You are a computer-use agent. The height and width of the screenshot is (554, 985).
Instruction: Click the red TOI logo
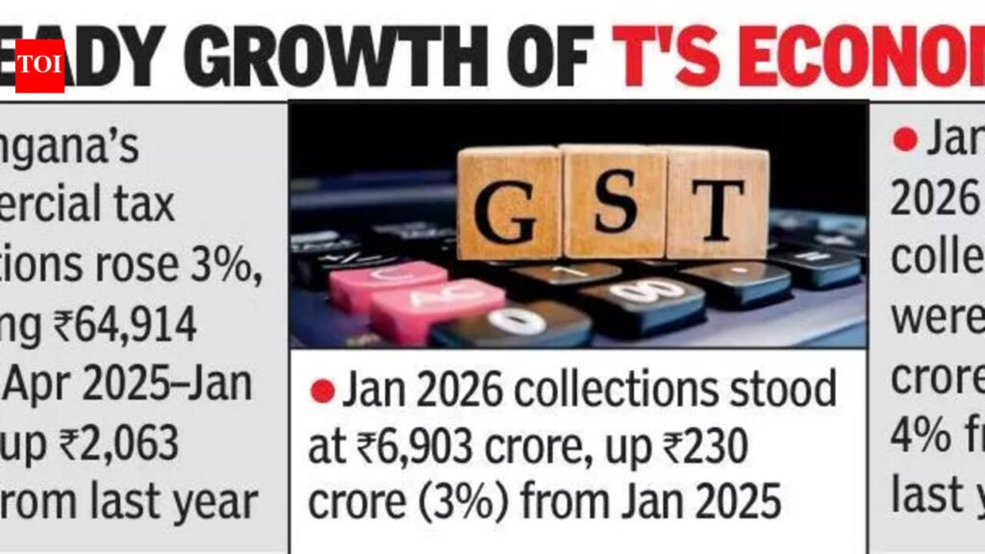point(39,66)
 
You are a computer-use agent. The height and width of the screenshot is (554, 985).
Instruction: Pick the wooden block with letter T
point(717,204)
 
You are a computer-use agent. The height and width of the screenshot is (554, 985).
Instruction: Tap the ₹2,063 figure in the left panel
point(120,444)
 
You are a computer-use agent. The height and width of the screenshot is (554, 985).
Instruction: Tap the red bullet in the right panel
point(904,140)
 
